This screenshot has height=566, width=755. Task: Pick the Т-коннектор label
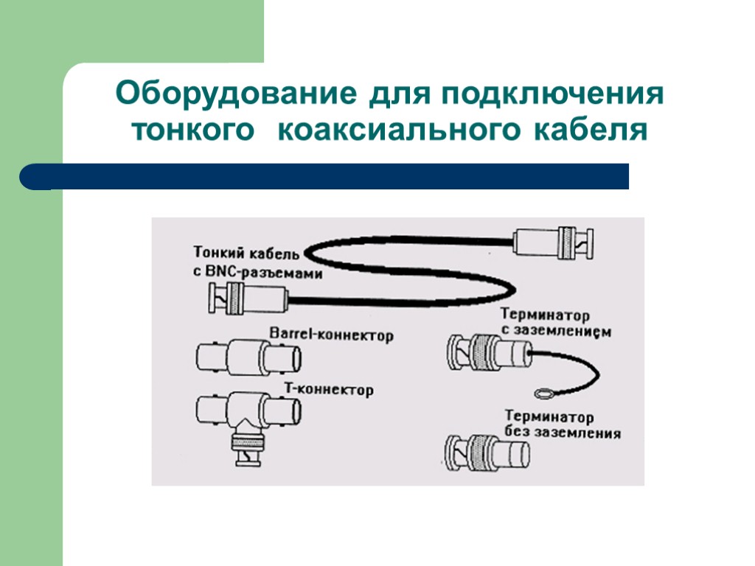329,388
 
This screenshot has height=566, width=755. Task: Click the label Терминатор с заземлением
555,322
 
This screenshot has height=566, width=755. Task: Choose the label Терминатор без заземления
562,425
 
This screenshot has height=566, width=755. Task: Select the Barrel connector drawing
248,358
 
